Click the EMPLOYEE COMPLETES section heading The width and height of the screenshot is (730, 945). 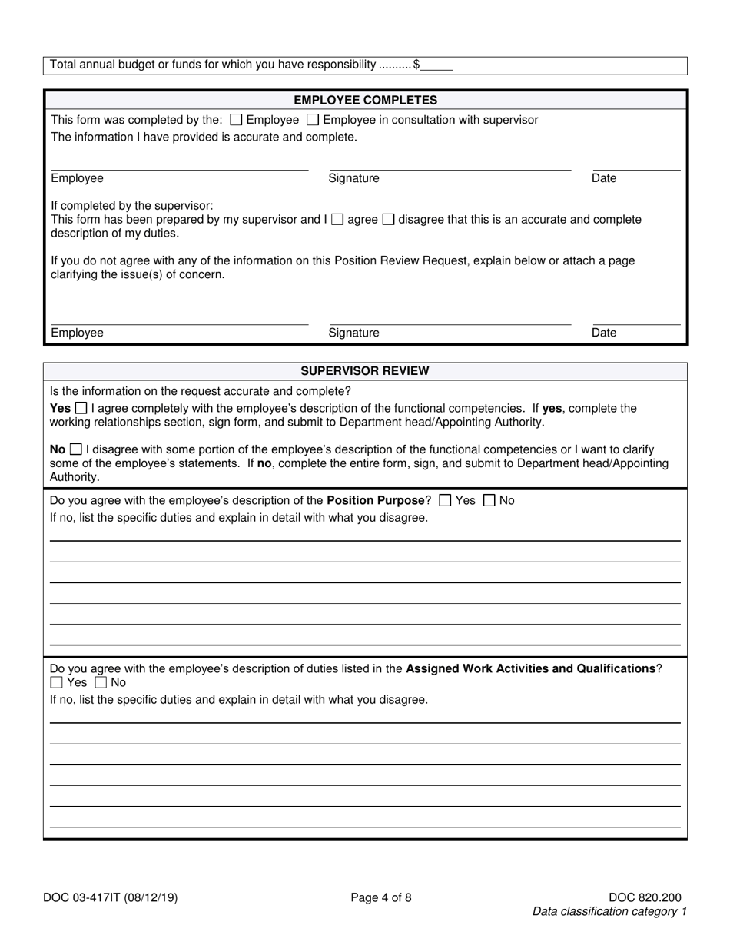(365, 100)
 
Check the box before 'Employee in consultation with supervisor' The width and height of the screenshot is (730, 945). (313, 120)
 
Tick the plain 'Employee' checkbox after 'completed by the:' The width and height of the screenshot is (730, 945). (236, 120)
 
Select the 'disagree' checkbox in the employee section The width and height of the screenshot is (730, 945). (388, 220)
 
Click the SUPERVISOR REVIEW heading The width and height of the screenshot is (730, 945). (365, 371)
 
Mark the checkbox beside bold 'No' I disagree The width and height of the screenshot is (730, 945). (76, 449)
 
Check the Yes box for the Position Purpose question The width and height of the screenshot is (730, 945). (444, 500)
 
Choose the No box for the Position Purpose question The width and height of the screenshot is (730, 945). (489, 500)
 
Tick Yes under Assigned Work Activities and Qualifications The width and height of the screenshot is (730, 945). (56, 682)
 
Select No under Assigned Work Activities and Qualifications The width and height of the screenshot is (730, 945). (101, 682)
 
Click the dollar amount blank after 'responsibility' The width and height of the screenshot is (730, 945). (436, 65)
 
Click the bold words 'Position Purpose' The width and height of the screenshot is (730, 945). (376, 500)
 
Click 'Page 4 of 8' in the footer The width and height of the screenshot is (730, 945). (381, 897)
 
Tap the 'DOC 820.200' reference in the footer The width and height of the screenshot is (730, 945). (644, 897)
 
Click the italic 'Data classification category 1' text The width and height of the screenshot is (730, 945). (609, 912)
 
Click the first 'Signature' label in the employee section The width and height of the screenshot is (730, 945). (353, 178)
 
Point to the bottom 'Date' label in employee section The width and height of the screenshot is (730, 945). (604, 333)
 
